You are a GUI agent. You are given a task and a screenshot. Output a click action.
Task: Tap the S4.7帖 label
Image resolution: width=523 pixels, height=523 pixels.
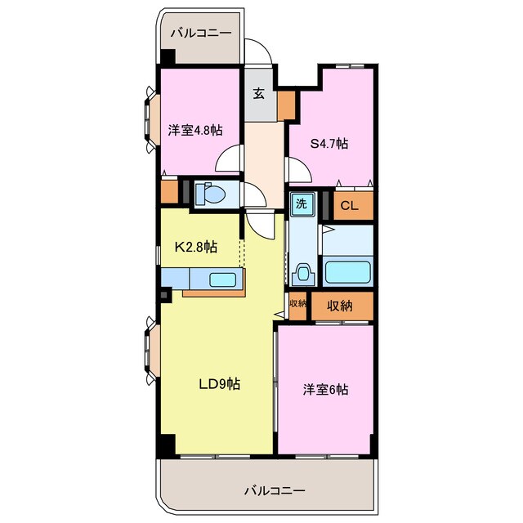(x=329, y=144)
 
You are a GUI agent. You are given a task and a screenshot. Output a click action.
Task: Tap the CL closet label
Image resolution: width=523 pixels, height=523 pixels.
(x=349, y=206)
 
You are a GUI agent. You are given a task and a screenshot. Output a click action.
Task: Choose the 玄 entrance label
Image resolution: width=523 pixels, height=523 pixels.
(x=258, y=94)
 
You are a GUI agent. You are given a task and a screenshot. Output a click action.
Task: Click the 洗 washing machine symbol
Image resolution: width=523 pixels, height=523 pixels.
(x=301, y=203)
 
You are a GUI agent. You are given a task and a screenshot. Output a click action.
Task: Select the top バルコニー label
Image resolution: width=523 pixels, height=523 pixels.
(x=200, y=34)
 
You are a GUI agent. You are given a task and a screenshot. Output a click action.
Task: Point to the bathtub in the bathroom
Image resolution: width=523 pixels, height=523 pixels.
(x=348, y=270)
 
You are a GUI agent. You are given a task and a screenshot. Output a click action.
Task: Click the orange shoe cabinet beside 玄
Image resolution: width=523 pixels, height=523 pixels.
(x=286, y=105)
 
